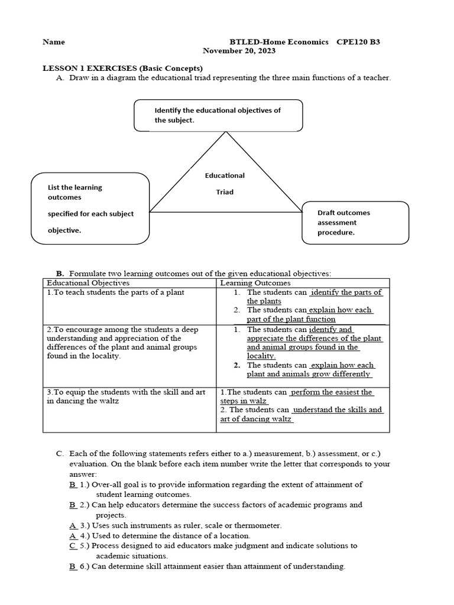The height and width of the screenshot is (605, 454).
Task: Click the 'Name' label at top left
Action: [54, 42]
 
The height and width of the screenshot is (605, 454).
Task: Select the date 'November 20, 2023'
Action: [239, 51]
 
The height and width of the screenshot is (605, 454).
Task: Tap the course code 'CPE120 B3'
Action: [358, 42]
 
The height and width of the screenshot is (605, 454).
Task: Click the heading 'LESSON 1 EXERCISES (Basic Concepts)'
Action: [122, 68]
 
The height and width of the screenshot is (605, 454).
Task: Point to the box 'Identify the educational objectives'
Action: [218, 115]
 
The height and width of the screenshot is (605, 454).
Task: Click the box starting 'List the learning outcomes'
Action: [90, 209]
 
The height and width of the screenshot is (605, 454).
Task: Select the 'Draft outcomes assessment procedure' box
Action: [355, 223]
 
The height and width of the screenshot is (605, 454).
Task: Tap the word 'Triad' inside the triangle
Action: [225, 192]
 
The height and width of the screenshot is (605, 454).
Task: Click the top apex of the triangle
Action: [225, 132]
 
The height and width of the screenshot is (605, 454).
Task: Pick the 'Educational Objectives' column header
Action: [88, 283]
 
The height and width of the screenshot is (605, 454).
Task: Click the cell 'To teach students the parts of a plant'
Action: [116, 292]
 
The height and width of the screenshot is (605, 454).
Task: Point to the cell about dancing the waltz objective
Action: [126, 396]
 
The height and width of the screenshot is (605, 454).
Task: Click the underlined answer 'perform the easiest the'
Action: [332, 392]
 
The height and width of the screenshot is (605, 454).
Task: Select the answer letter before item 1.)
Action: [72, 484]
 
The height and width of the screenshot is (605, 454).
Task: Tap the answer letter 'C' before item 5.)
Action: [72, 546]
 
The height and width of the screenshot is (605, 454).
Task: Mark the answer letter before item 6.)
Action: [72, 567]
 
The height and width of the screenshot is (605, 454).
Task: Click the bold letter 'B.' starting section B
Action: [60, 274]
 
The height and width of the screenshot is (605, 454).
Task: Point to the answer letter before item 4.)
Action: [72, 536]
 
